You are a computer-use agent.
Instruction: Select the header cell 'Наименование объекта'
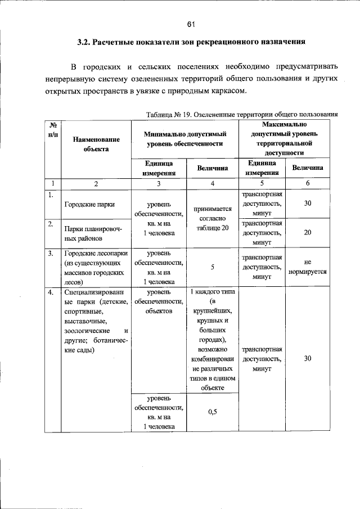tap(96, 144)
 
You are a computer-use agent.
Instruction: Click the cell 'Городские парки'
tap(89, 205)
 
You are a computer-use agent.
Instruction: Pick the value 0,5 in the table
tap(212, 412)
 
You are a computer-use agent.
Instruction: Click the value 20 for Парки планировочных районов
tap(307, 232)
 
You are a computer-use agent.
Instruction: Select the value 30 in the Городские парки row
tap(307, 203)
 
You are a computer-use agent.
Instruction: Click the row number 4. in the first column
tap(51, 292)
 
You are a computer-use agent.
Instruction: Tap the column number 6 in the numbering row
tap(307, 183)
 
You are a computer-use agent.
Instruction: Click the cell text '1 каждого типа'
tap(212, 292)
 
